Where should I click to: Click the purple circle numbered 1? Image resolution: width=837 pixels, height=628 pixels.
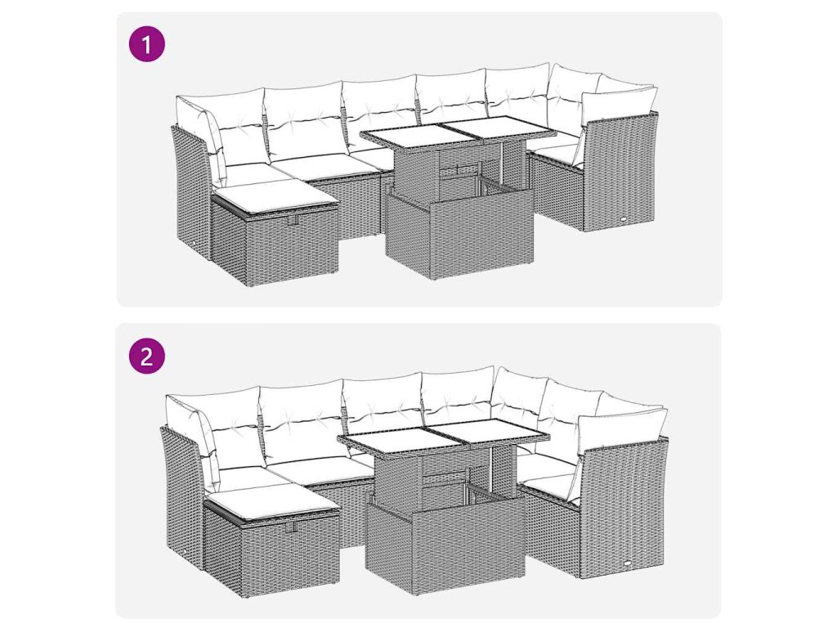pos(147,44)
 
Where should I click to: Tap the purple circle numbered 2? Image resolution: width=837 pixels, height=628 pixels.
pos(147,355)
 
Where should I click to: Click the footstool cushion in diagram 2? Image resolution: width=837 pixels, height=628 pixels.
pos(272,501)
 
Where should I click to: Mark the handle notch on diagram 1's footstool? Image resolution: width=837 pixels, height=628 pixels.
pos(292,221)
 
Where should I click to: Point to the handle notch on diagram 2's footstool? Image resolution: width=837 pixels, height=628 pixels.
pos(291,528)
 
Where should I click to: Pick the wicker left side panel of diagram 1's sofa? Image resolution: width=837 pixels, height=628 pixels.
pos(193,192)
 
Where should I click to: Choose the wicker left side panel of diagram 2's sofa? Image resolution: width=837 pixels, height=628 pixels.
pos(182,494)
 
